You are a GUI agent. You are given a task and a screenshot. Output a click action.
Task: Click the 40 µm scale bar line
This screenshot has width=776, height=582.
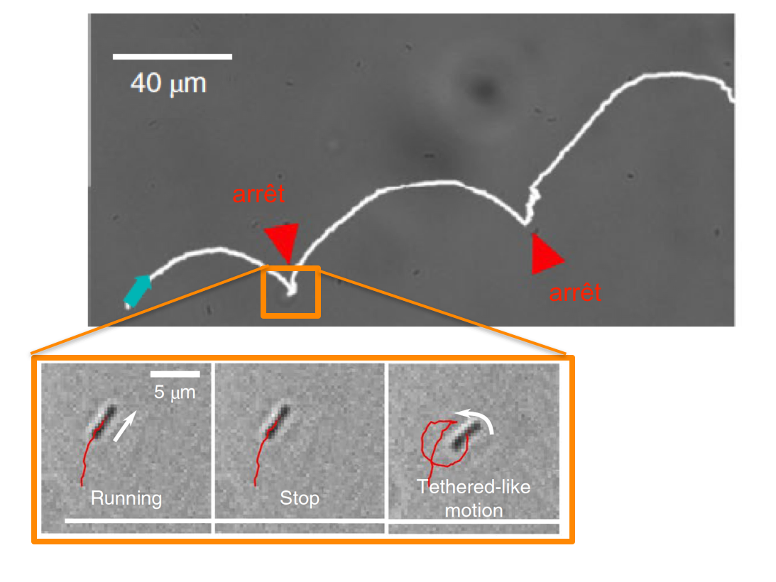pos(173,56)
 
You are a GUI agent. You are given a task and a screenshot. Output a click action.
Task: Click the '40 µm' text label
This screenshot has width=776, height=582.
pos(168,83)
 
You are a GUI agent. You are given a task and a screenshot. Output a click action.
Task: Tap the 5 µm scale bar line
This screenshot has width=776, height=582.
pos(175,374)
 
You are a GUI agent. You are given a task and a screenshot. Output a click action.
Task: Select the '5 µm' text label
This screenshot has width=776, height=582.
pos(175,392)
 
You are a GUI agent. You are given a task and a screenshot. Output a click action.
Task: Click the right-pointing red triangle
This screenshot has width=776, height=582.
pos(546,254)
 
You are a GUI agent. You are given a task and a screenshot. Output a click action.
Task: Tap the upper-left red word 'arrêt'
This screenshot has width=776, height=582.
pos(258,194)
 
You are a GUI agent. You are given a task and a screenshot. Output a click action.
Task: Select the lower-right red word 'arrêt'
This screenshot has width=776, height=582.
pos(575,292)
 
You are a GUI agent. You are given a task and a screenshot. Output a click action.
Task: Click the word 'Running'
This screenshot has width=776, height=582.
pos(126,498)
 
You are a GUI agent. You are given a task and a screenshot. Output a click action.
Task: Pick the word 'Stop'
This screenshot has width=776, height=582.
pos(300,498)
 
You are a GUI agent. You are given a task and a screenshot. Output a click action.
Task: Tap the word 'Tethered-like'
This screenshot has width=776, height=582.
pos(473,487)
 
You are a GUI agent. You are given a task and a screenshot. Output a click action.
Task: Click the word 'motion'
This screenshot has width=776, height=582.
pos(474,510)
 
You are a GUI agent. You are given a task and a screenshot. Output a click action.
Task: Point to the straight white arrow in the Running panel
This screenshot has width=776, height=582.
pos(124,426)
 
